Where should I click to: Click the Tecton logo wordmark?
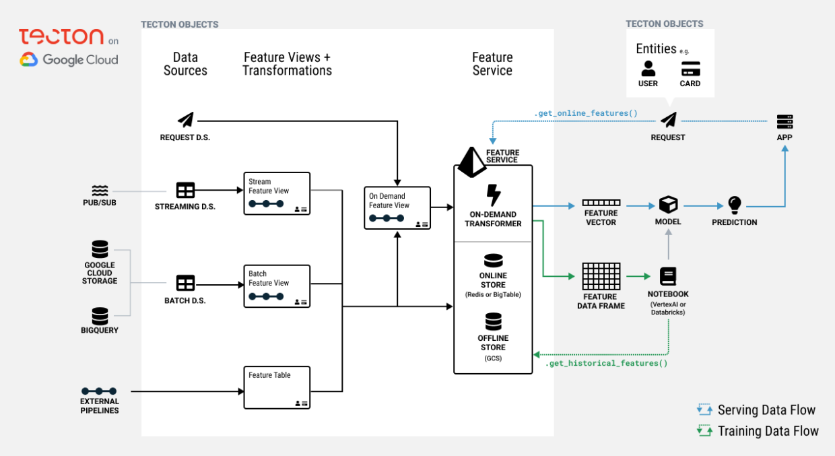click(x=61, y=37)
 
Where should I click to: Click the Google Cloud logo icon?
click(x=29, y=60)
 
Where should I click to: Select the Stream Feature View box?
click(x=277, y=193)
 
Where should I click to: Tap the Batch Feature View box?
click(x=277, y=286)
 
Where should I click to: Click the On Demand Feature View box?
click(x=397, y=207)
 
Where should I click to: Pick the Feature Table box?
click(x=277, y=387)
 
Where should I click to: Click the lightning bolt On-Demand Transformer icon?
click(x=493, y=195)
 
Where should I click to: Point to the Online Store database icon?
click(x=493, y=261)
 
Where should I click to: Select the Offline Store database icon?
click(x=493, y=321)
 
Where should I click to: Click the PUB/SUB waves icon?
click(x=100, y=191)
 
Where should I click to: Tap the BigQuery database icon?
click(x=100, y=315)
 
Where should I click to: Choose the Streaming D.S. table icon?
click(x=185, y=190)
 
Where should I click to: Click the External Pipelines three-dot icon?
click(x=99, y=391)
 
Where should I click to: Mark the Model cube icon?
click(x=668, y=205)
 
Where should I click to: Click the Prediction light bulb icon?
click(x=735, y=205)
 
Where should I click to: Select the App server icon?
click(x=784, y=122)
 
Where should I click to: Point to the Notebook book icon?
click(x=668, y=276)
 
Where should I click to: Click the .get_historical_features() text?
click(x=606, y=364)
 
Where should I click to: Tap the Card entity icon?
click(x=690, y=69)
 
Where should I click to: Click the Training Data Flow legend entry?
click(x=759, y=431)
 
